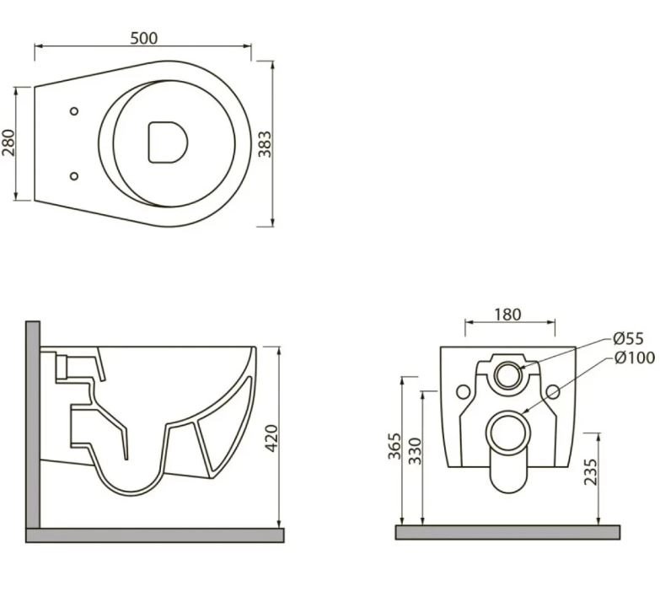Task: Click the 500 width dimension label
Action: coord(143,38)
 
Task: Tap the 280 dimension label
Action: coord(8,143)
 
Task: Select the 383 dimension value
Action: coord(265,144)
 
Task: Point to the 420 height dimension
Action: coord(272,438)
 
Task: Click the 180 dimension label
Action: coord(507,314)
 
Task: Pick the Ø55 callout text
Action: coord(629,338)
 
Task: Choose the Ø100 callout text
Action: coord(635,358)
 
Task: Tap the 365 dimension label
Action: coord(394,446)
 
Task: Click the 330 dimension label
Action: coord(415,451)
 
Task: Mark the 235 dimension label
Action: coord(591,471)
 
